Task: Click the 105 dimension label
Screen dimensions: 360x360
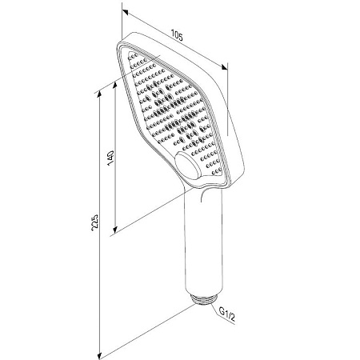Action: point(177,35)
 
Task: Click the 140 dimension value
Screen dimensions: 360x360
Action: point(111,158)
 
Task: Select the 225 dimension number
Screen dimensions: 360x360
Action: point(95,222)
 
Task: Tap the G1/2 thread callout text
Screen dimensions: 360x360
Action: point(227,314)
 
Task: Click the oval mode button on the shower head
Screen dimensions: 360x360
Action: point(187,166)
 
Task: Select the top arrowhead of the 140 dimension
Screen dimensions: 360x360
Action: point(115,86)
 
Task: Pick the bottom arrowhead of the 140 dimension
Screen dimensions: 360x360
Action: point(115,229)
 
